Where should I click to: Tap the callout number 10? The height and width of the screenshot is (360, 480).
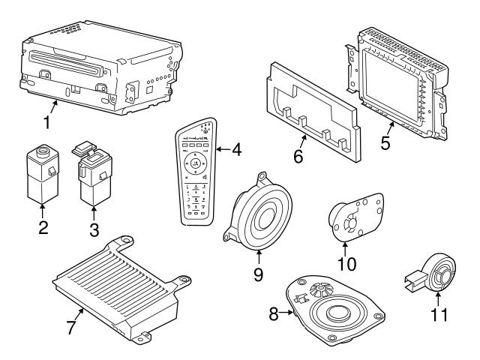(x=347, y=264)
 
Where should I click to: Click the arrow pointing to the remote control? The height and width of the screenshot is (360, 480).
(x=223, y=149)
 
